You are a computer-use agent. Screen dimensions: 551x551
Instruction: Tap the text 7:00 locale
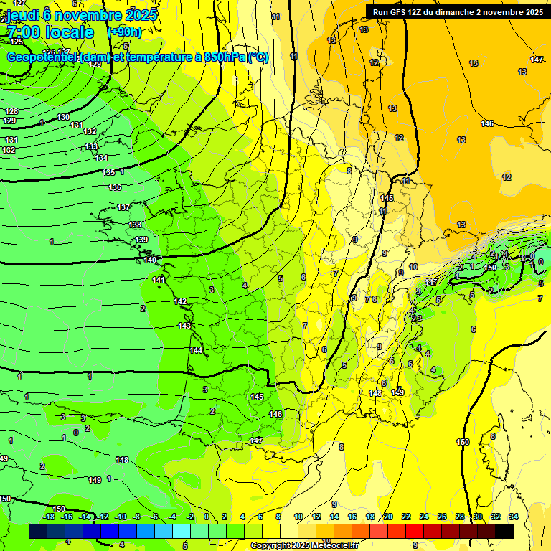(x=50, y=32)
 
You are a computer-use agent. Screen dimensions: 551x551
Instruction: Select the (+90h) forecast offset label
(x=124, y=32)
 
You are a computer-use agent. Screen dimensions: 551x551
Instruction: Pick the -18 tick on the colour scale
(x=49, y=517)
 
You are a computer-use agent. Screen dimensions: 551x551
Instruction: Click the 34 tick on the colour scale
(x=514, y=517)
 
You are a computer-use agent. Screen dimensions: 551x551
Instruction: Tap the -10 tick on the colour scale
(x=121, y=517)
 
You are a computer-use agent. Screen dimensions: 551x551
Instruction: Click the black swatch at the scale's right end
(x=504, y=531)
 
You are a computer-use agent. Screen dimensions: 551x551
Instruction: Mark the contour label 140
(x=150, y=260)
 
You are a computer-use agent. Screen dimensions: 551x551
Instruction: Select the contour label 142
(x=181, y=302)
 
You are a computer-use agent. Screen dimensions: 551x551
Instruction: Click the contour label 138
(x=135, y=225)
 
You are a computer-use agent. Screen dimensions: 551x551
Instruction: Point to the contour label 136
(x=115, y=187)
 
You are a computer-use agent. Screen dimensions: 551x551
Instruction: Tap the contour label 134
(x=101, y=159)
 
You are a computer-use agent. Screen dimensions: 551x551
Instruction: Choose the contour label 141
(x=159, y=280)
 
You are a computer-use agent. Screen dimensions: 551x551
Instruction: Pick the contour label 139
(x=141, y=240)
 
